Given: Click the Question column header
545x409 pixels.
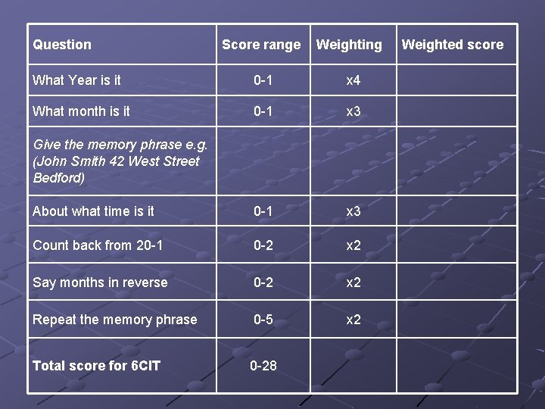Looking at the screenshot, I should [62, 45].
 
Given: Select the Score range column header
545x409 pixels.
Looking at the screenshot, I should [261, 45].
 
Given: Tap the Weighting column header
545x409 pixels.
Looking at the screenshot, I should [349, 45].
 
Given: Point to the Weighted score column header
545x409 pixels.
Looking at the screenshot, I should [452, 45].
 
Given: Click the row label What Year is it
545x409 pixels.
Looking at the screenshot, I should [76, 80].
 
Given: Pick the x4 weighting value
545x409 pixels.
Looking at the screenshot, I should [353, 80].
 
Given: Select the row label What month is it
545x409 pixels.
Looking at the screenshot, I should [81, 111].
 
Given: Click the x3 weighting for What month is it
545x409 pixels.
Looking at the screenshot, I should [353, 111].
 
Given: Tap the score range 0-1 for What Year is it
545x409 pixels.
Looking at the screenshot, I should [263, 80].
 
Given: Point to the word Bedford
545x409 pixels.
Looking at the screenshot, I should [59, 178].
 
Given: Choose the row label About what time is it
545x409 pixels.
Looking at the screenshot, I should [93, 211].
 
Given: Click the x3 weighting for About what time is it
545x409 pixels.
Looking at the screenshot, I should [353, 211].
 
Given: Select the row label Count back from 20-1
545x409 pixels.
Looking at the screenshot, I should [98, 245].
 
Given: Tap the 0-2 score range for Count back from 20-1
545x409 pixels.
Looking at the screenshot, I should [263, 245].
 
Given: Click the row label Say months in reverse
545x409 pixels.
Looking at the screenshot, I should [100, 283].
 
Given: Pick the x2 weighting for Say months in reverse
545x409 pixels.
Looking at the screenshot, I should [353, 283].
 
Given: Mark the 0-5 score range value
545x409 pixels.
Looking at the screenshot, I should [263, 320].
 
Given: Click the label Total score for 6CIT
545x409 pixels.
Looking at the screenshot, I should [96, 366].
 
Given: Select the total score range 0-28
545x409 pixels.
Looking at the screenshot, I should [263, 366].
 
